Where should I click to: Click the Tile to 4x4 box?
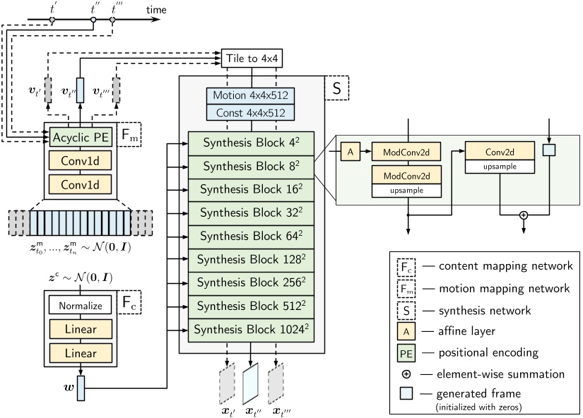click(x=250, y=58)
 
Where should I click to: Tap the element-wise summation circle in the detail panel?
click(x=523, y=215)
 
